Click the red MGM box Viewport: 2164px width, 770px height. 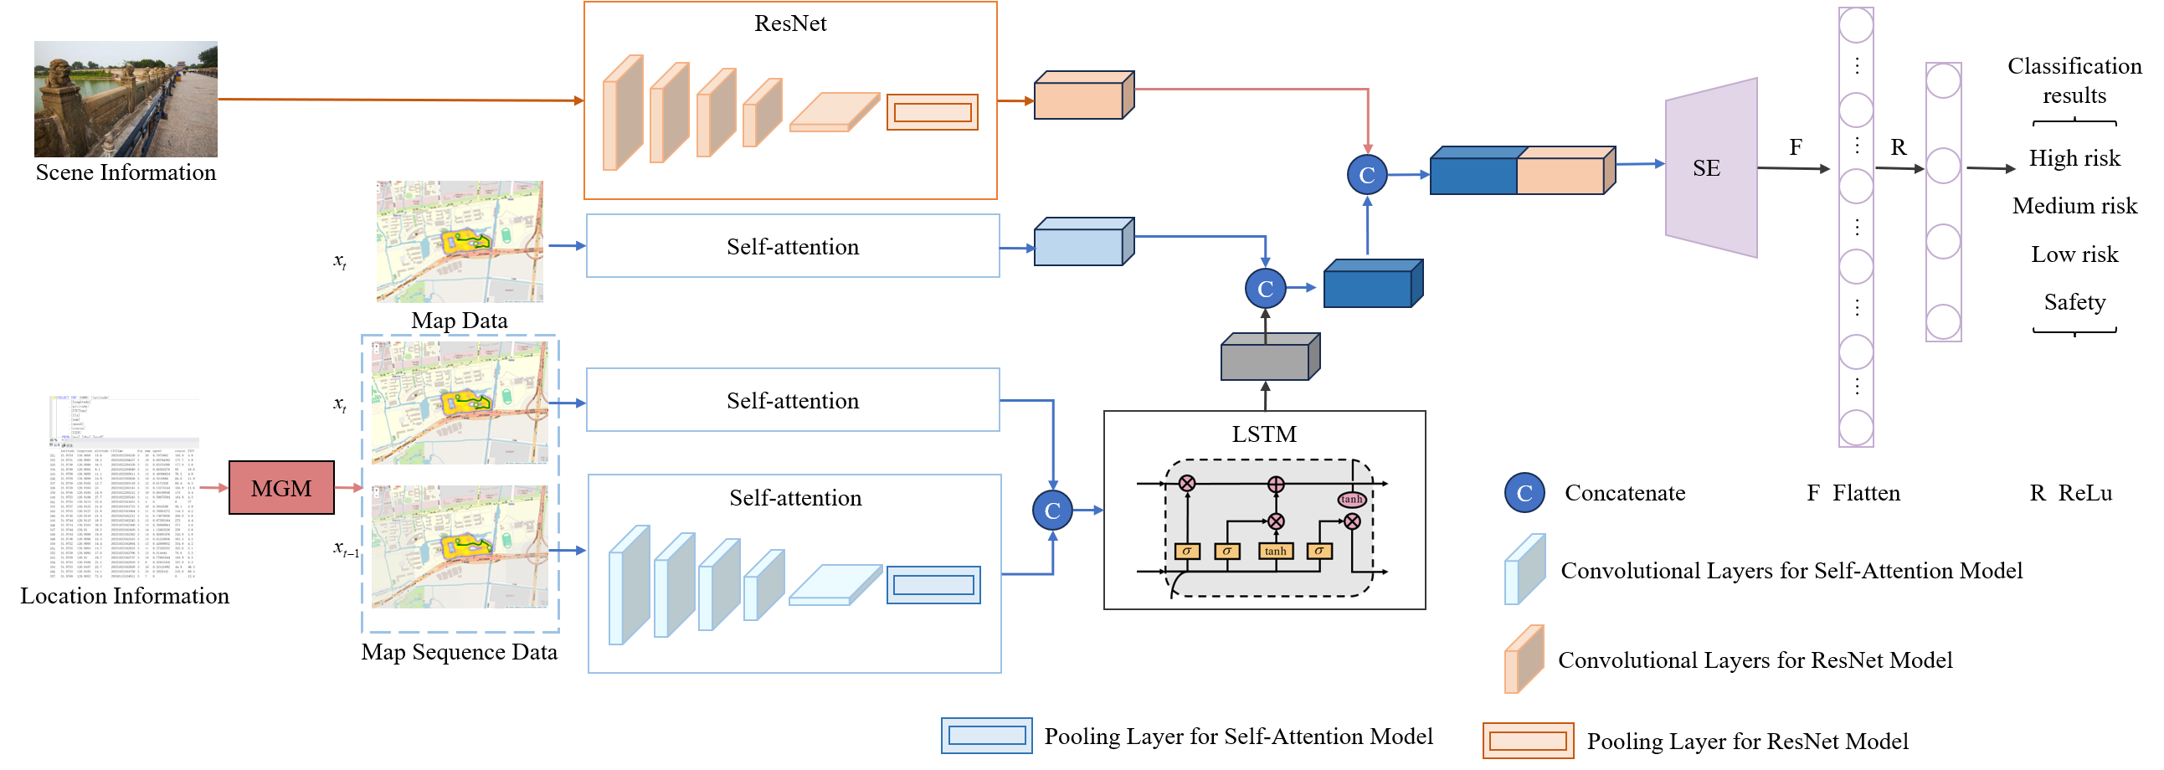[281, 488]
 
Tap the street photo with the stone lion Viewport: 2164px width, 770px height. [126, 99]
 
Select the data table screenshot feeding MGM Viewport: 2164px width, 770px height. [125, 487]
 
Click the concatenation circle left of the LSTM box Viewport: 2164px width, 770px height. [1051, 511]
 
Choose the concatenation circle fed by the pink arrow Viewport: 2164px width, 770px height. [1367, 175]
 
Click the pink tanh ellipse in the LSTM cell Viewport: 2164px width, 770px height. [1351, 499]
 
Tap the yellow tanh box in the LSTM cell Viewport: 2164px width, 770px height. [1275, 551]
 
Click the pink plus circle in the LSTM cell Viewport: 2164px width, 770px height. [1275, 485]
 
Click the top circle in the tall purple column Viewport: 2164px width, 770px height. [1856, 26]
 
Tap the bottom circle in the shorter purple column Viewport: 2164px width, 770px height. [1943, 322]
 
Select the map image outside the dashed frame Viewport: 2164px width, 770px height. [460, 242]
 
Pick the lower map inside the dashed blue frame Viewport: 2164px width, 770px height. [460, 547]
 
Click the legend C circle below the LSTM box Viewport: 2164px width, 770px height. [1524, 493]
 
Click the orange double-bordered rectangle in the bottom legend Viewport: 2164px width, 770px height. [1527, 741]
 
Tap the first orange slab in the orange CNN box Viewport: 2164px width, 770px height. [623, 113]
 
